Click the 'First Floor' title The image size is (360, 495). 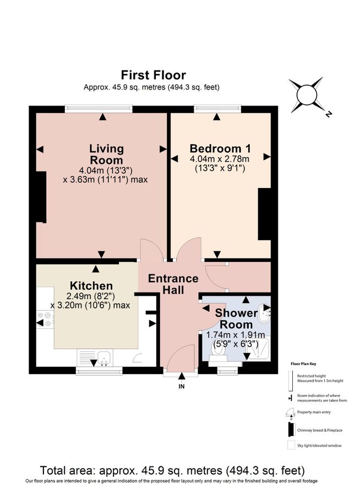tap(154, 75)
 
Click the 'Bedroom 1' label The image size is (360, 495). tap(220, 148)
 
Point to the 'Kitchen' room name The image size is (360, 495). tap(91, 286)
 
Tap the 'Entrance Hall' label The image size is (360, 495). tap(173, 284)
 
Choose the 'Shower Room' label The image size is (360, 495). tap(236, 318)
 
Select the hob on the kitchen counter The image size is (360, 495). tap(43, 320)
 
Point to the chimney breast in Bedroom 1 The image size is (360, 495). tap(265, 214)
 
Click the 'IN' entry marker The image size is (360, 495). tap(182, 386)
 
